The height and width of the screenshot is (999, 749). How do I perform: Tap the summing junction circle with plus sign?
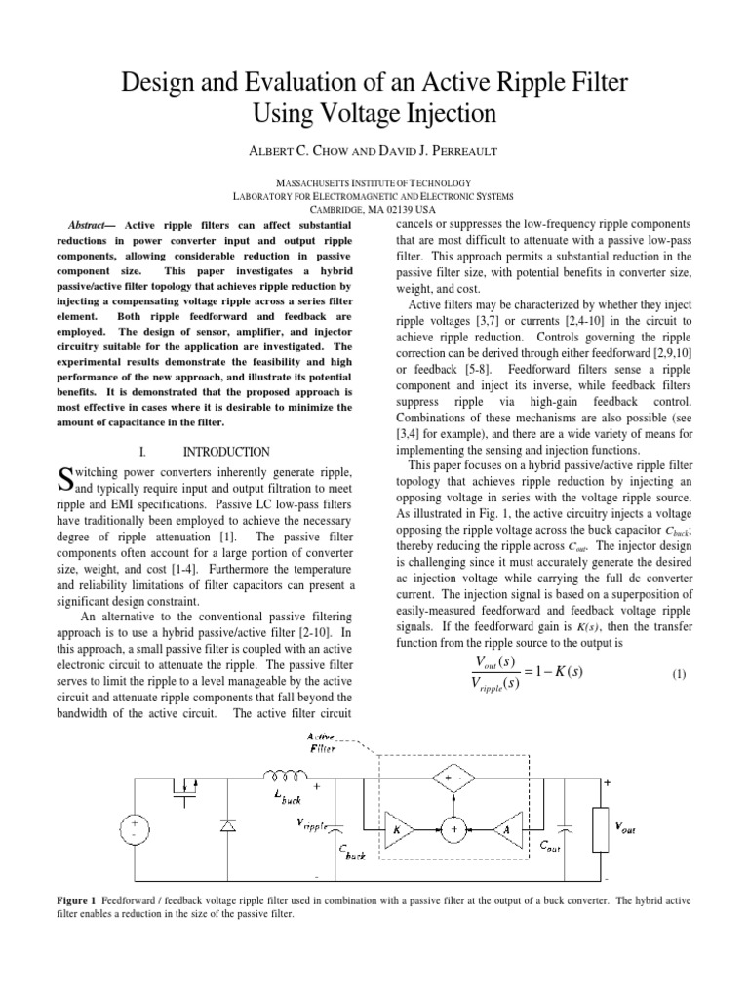point(453,829)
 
